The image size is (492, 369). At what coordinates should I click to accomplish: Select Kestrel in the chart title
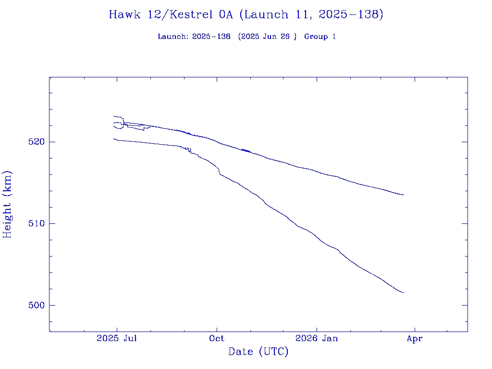click(190, 14)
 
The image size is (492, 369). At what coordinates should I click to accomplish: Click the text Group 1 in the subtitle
click(320, 37)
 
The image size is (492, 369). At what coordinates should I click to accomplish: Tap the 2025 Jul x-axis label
click(117, 338)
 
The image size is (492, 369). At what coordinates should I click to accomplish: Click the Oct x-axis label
click(217, 338)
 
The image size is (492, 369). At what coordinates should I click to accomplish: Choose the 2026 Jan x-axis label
click(317, 338)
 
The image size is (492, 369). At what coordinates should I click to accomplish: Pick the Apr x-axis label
click(415, 338)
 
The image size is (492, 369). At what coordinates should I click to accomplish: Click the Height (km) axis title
click(7, 204)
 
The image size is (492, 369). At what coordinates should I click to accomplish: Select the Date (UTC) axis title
click(258, 352)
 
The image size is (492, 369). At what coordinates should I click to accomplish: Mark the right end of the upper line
click(404, 195)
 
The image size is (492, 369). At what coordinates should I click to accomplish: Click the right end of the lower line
click(404, 293)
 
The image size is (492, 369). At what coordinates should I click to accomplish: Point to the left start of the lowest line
click(114, 138)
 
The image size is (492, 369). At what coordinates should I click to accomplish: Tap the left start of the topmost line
click(114, 116)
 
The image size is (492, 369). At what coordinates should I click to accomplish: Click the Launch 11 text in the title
click(272, 14)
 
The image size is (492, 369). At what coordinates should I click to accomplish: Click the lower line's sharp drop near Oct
click(219, 172)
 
